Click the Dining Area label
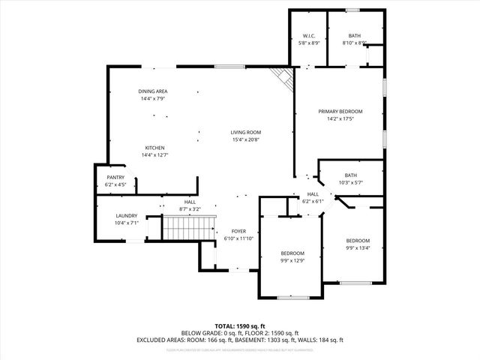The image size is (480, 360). click(x=152, y=91)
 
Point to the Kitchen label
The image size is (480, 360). click(x=154, y=148)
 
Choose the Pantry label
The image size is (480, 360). click(x=115, y=177)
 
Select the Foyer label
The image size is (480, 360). click(x=238, y=231)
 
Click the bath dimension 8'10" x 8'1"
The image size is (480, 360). click(x=354, y=43)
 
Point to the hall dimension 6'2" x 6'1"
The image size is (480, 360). click(x=312, y=201)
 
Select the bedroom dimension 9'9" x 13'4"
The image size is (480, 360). click(x=357, y=248)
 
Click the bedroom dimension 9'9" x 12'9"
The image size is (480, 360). click(x=292, y=261)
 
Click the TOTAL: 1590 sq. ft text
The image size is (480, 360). click(x=240, y=326)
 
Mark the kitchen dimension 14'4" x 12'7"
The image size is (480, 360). click(x=154, y=155)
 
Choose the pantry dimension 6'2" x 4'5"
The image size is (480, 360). click(x=115, y=184)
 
